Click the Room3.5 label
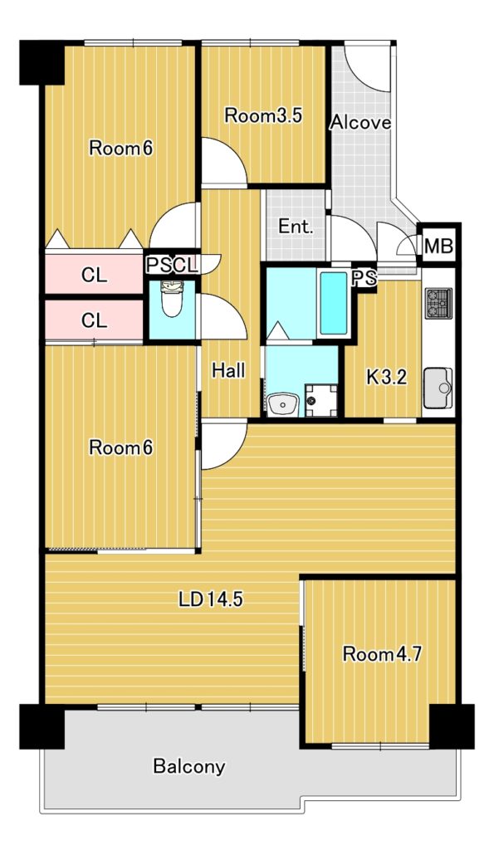point(263,115)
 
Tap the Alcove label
point(360,123)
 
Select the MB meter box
point(438,246)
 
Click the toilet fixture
point(173,298)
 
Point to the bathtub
point(333,303)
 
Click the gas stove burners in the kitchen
point(438,303)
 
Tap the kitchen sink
point(438,387)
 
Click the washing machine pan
point(320,400)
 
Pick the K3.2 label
point(386,378)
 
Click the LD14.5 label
point(211,599)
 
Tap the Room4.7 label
point(382,654)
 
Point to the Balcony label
point(188,766)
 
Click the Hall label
point(228,371)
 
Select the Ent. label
point(296,227)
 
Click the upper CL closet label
point(95,276)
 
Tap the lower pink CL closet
point(94,320)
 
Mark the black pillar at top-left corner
point(42,62)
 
